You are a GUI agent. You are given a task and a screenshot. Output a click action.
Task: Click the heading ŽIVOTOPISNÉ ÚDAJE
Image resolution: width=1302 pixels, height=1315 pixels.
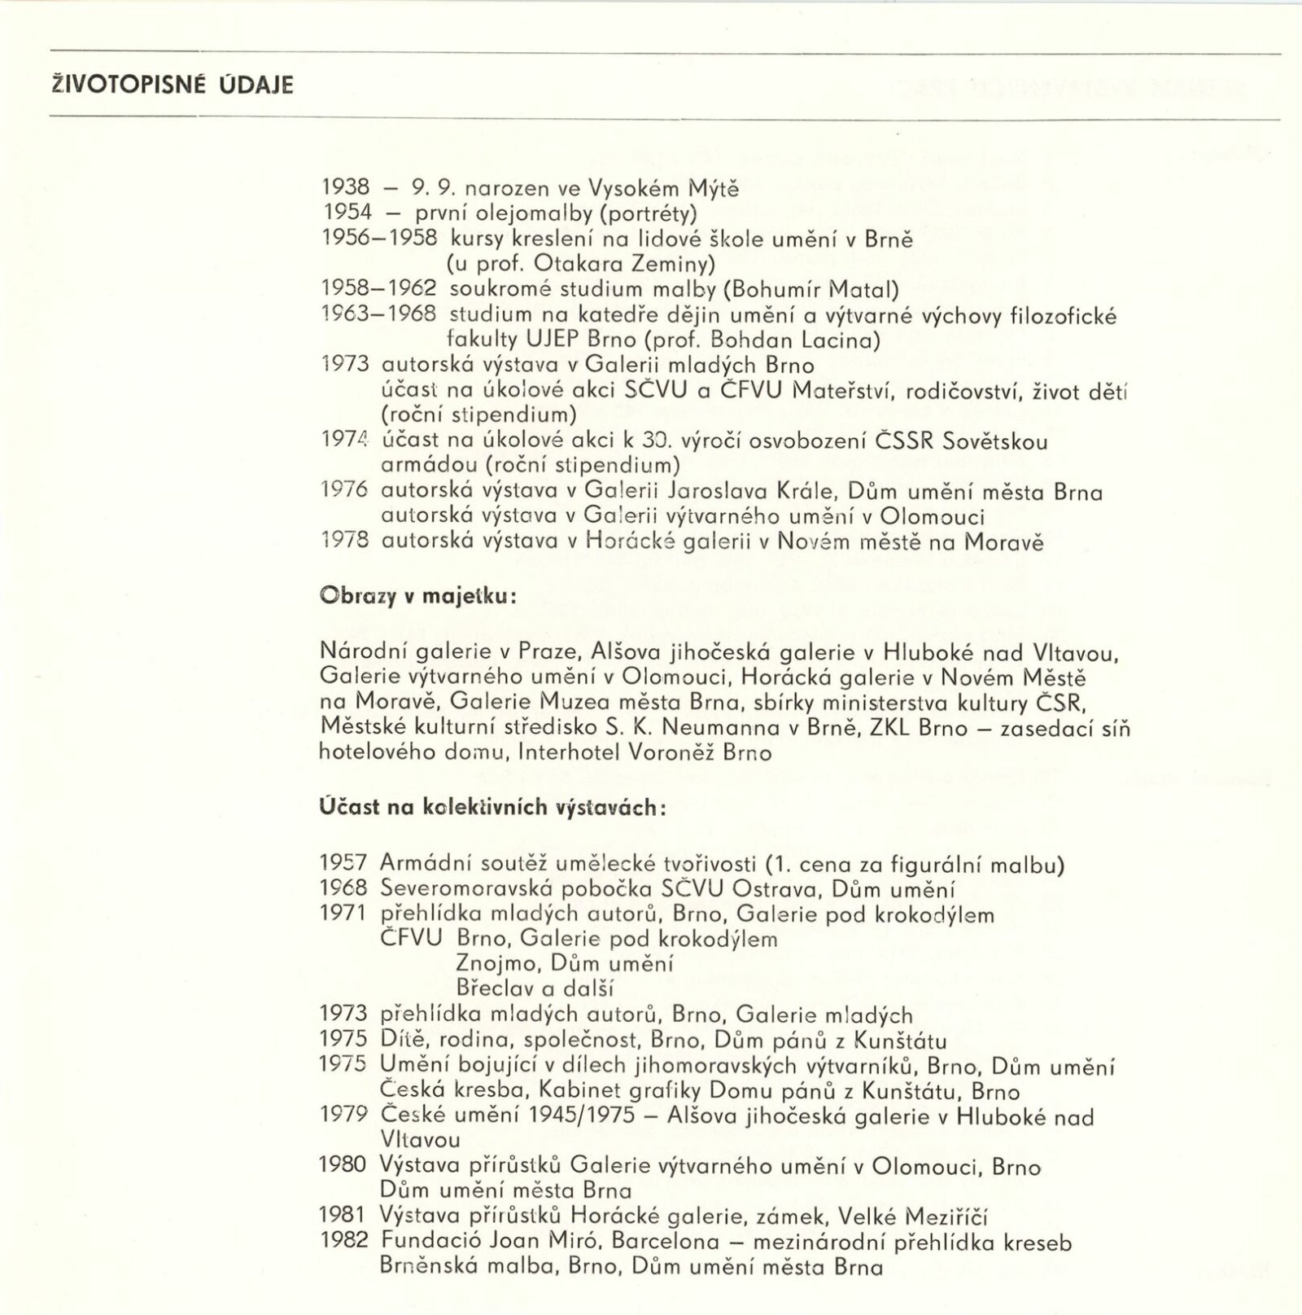[171, 85]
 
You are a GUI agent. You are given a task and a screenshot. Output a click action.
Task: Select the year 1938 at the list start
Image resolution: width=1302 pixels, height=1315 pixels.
[346, 188]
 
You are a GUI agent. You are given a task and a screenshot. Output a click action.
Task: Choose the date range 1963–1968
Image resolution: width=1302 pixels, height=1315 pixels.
[379, 314]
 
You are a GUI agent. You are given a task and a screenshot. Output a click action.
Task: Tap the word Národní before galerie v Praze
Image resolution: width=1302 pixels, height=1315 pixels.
[356, 651]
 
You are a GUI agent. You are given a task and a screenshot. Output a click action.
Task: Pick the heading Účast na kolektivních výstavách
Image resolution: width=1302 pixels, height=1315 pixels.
[493, 807]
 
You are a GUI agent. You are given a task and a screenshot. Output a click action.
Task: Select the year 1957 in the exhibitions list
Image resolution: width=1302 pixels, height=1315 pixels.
[343, 864]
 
